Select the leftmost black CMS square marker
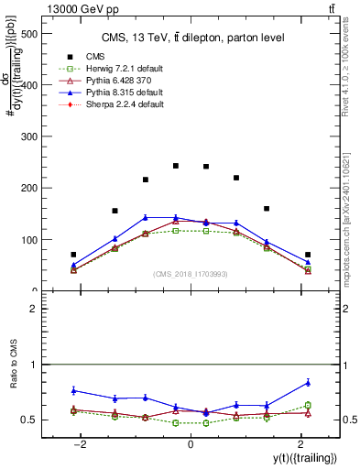pos(73,255)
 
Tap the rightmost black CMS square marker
pos(308,255)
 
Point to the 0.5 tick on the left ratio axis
pos(41,420)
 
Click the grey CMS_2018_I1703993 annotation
pos(191,274)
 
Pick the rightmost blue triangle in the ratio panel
pos(308,382)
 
